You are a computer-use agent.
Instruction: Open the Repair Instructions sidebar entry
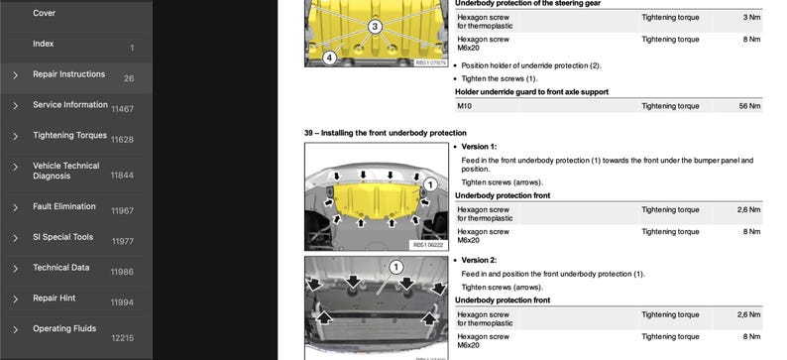pyautogui.click(x=68, y=74)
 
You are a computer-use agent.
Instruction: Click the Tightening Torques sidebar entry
pyautogui.click(x=69, y=136)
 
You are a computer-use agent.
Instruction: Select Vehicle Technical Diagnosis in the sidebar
pyautogui.click(x=66, y=171)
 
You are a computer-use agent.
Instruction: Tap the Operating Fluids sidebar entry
pyautogui.click(x=64, y=329)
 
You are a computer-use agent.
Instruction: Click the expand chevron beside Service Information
pyautogui.click(x=15, y=106)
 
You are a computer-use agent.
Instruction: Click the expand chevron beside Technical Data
pyautogui.click(x=15, y=269)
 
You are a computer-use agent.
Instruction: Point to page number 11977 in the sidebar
pyautogui.click(x=123, y=242)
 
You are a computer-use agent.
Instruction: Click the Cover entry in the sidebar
pyautogui.click(x=45, y=13)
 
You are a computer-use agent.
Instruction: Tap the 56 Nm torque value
pyautogui.click(x=750, y=106)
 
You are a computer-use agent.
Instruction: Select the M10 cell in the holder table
pyautogui.click(x=464, y=106)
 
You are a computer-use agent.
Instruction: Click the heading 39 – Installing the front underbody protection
pyautogui.click(x=385, y=133)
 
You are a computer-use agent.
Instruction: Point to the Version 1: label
pyautogui.click(x=479, y=147)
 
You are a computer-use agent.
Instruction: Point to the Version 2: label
pyautogui.click(x=479, y=260)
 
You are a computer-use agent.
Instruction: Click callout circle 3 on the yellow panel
pyautogui.click(x=375, y=27)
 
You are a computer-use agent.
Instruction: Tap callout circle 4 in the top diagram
pyautogui.click(x=329, y=59)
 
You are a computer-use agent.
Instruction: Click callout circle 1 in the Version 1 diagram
pyautogui.click(x=430, y=184)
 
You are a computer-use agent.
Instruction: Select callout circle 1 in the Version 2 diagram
pyautogui.click(x=396, y=268)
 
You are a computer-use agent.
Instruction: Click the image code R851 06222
pyautogui.click(x=428, y=245)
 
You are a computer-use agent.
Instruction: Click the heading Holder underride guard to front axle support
pyautogui.click(x=531, y=92)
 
